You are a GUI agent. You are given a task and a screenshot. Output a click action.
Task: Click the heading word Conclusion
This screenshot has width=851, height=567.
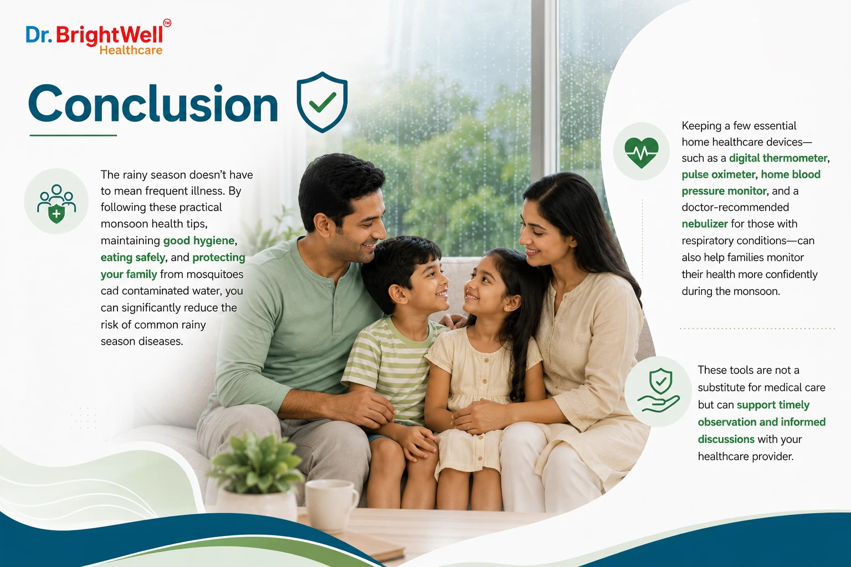(x=153, y=104)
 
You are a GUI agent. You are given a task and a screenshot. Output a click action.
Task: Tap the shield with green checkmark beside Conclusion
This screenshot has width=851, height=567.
(x=322, y=102)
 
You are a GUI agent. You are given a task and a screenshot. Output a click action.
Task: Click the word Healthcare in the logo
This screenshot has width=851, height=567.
(x=131, y=50)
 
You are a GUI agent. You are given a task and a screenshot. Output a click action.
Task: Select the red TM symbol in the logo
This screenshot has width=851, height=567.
(x=167, y=23)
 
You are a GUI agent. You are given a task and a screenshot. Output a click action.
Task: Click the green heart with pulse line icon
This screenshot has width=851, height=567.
(x=641, y=152)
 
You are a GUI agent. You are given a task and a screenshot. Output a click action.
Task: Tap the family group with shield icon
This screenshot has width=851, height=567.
(x=56, y=204)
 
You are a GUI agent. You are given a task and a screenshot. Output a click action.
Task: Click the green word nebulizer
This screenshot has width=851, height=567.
(x=705, y=224)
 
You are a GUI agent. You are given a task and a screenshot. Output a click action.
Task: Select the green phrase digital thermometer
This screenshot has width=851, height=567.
(x=778, y=158)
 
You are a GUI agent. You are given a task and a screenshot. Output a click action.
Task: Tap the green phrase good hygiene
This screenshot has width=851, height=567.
(x=199, y=241)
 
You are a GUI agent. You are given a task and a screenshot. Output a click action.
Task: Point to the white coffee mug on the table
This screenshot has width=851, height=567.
(x=331, y=504)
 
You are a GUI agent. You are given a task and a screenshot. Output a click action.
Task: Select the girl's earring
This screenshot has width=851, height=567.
(x=506, y=308)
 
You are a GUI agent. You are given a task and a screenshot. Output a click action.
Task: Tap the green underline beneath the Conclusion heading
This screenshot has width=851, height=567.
(x=73, y=135)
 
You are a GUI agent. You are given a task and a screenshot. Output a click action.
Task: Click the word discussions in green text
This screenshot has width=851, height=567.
(x=726, y=440)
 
